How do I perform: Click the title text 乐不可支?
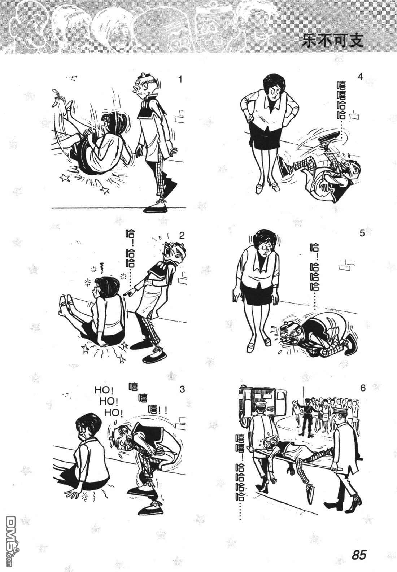[x=332, y=41]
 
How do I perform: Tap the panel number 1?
[x=180, y=80]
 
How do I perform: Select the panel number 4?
[x=360, y=77]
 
